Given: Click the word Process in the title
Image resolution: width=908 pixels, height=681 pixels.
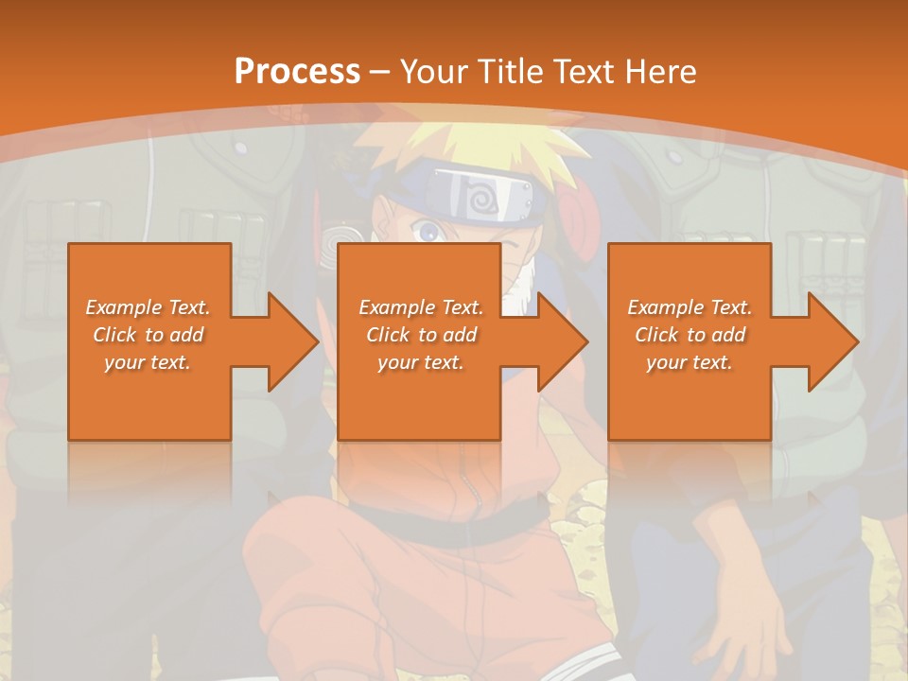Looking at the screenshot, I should (x=297, y=71).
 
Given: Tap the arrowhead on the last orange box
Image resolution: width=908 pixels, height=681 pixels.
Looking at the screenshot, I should (x=832, y=341).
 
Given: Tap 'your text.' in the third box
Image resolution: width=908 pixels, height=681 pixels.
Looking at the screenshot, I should (x=690, y=362).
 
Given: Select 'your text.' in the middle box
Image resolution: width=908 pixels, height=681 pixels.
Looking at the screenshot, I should (x=420, y=362).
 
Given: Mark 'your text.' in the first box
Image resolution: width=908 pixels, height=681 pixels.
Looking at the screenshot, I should (x=148, y=362).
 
